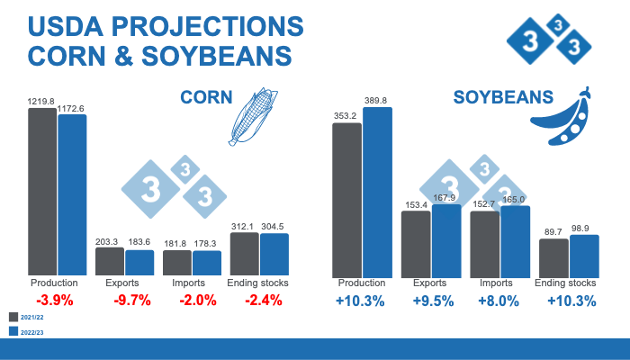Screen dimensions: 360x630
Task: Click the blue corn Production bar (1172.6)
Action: [x=72, y=194]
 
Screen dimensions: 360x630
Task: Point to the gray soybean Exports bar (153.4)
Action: [x=416, y=243]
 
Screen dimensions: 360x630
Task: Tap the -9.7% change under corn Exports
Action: [x=132, y=301]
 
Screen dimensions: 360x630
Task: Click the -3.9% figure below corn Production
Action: [x=55, y=301]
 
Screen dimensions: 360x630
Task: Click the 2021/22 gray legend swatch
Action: [x=13, y=317]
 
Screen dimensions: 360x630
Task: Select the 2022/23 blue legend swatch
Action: [x=13, y=332]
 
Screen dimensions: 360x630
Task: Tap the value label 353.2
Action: [x=346, y=116]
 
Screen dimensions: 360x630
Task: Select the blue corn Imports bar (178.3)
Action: [x=206, y=263]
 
